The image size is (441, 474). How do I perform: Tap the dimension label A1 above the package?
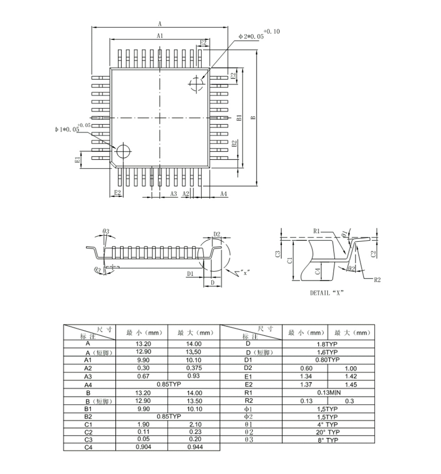[160, 36]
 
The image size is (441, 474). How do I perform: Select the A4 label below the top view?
[223, 193]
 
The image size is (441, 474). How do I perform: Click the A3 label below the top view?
[173, 193]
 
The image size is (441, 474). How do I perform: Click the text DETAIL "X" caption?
[326, 293]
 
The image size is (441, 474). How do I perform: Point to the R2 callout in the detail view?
[377, 280]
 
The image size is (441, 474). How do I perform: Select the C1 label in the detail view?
[289, 260]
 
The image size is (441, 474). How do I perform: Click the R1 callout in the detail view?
[318, 231]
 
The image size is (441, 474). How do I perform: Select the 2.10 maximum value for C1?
[194, 424]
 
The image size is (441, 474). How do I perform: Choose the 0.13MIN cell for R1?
[328, 392]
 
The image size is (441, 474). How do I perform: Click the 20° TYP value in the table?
[328, 432]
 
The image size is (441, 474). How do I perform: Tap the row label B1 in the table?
[88, 408]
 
